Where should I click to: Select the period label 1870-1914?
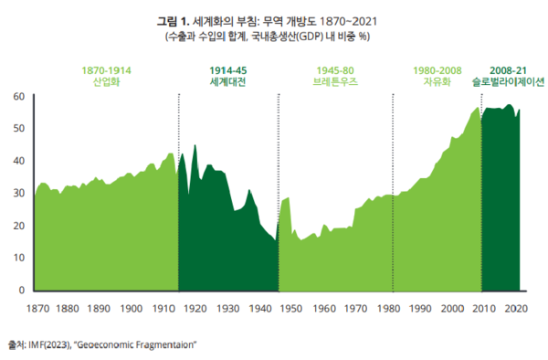[x=107, y=69]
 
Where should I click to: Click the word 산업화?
[x=107, y=81]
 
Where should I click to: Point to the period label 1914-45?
[x=227, y=69]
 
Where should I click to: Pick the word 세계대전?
[x=227, y=81]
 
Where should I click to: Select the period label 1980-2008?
[x=437, y=69]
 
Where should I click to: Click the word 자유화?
[x=437, y=81]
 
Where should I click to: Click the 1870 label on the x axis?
[x=37, y=309]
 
